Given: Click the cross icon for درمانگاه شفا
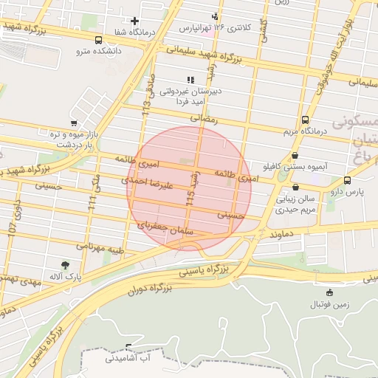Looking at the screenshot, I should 134,21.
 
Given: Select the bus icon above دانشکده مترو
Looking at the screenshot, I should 99,41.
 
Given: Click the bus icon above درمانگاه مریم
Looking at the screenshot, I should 305,120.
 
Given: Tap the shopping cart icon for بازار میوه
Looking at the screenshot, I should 73,123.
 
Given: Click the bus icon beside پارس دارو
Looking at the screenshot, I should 348,180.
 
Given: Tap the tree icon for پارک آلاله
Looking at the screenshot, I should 66,264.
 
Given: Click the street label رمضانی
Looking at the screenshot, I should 205,117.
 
